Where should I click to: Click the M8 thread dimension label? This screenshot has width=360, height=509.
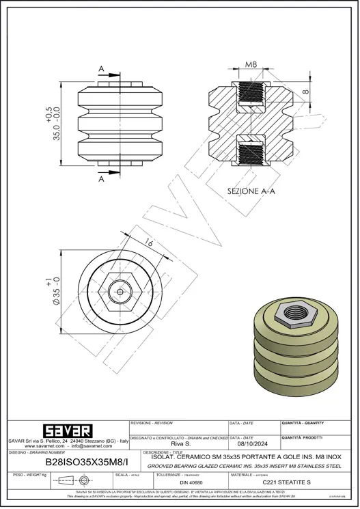coord(251,65)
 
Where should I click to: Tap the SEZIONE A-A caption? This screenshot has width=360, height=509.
coord(251,192)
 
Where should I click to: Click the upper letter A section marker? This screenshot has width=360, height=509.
coord(101,69)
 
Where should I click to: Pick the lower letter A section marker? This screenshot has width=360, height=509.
coord(101,179)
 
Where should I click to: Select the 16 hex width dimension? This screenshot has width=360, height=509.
coord(149,243)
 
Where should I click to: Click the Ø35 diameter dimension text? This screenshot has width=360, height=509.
coord(57,291)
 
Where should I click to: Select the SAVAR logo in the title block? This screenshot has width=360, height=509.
coord(67,431)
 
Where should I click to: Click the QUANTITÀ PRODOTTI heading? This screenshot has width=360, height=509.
coord(303,437)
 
